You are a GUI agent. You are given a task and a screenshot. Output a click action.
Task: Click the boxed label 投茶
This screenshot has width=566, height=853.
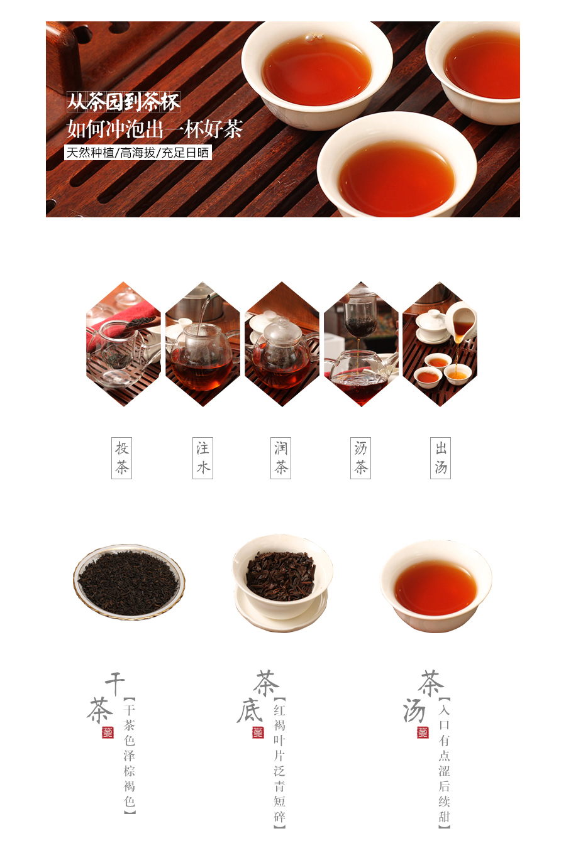[121, 458]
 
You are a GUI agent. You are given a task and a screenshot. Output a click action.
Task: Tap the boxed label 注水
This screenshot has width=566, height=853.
[203, 458]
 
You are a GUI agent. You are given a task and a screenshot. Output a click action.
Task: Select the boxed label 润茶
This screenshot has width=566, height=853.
[281, 458]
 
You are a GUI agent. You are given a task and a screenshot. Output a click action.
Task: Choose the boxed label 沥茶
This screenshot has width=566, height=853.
[360, 458]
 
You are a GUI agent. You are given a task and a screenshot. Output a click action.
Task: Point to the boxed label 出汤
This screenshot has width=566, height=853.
[441, 458]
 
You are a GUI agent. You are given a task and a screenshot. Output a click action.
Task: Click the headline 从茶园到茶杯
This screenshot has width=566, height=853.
[123, 102]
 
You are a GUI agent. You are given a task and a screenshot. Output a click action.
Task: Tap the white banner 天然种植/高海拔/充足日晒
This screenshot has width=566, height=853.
[138, 153]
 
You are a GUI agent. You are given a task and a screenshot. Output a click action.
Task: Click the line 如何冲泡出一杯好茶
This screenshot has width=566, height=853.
[154, 129]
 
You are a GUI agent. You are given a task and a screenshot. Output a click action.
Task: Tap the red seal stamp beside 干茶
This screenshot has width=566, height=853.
[108, 732]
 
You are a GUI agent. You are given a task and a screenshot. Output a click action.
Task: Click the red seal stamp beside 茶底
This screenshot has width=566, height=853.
[258, 732]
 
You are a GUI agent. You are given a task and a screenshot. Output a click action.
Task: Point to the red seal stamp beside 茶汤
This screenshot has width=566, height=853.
[423, 732]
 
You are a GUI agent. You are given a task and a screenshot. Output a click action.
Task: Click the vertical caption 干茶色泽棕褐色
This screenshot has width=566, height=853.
[130, 756]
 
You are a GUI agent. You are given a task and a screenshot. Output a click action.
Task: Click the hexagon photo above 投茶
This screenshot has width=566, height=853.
[123, 344]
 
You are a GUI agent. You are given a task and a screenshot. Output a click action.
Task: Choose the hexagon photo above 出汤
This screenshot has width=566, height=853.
[440, 344]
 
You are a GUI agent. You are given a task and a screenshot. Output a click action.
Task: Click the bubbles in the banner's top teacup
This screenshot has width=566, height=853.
[314, 37]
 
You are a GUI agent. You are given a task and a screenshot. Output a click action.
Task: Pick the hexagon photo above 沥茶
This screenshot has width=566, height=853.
[361, 344]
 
